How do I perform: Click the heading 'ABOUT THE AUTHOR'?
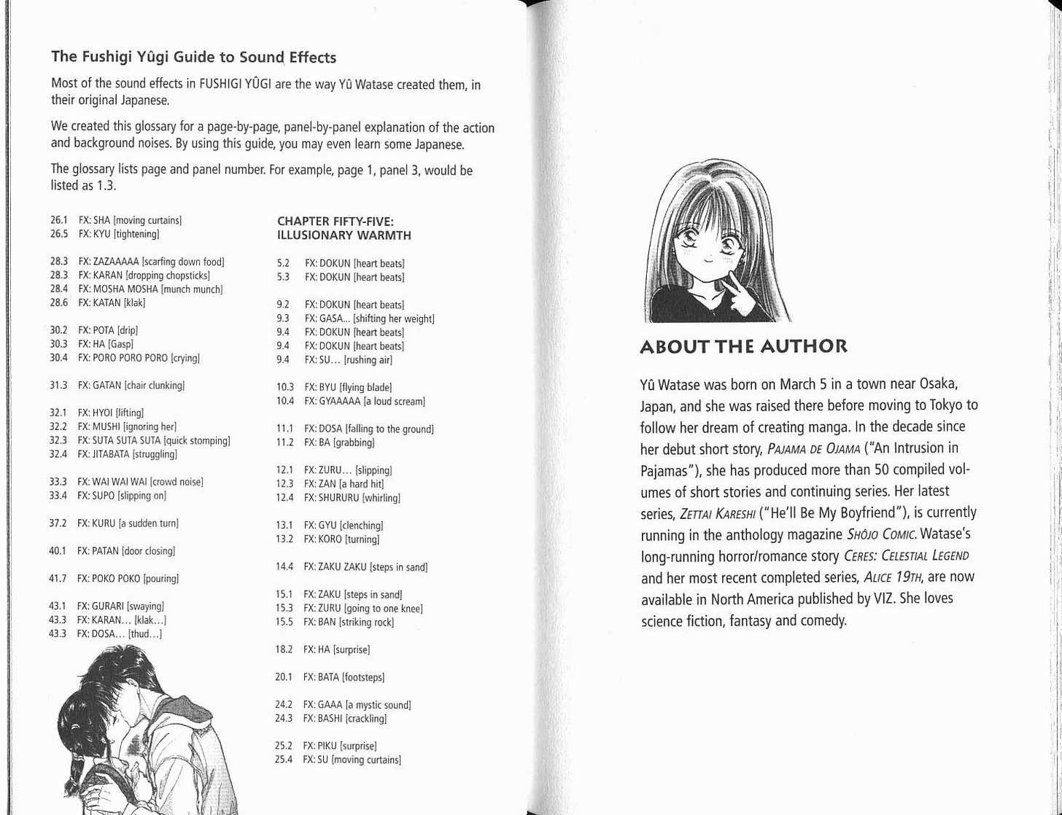[743, 346]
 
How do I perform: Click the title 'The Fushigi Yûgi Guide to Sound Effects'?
[193, 57]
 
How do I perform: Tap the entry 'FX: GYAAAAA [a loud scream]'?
[364, 401]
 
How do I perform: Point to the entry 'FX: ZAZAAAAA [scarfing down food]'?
[151, 262]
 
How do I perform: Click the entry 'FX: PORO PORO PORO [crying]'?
[139, 358]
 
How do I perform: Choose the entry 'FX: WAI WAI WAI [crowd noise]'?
[140, 482]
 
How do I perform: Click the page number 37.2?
[58, 523]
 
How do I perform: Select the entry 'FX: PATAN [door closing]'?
[125, 551]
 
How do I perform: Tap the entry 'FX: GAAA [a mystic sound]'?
[357, 705]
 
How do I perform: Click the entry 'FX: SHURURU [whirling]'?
[352, 498]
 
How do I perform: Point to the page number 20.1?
[284, 677]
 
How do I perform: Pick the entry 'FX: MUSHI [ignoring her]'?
[127, 426]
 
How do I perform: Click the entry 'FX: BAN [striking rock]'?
[348, 622]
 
